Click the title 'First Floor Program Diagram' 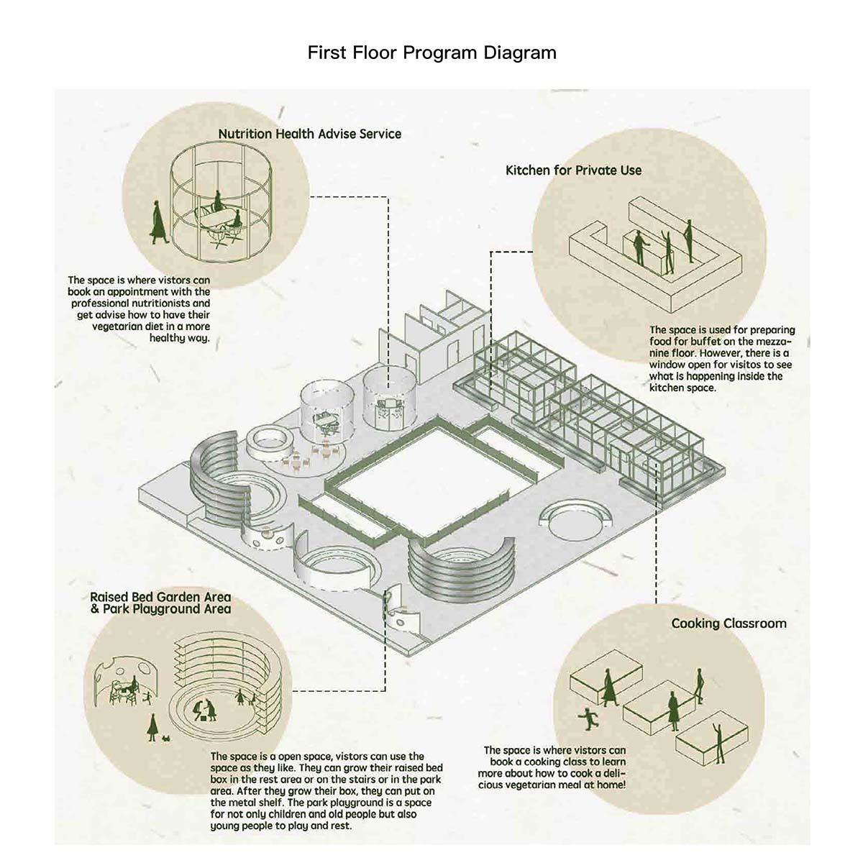click(431, 52)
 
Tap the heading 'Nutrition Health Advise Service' click(309, 134)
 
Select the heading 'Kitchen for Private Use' click(573, 170)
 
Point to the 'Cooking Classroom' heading click(729, 624)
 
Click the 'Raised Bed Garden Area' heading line click(160, 597)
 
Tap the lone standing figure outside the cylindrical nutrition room click(157, 222)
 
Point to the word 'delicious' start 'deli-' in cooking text click(614, 773)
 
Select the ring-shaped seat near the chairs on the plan click(268, 442)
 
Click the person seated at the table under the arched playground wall click(132, 683)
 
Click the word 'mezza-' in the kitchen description click(776, 342)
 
